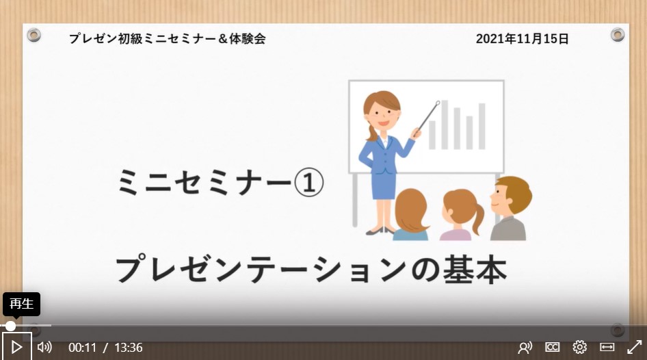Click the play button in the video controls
coord(16,347)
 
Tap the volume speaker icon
coord(44,347)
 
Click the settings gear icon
coord(579,347)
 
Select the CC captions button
coord(552,347)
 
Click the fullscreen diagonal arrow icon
coord(634,347)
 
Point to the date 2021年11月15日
coord(522,39)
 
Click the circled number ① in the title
coord(309,183)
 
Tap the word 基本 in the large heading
coord(475,270)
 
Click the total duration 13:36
coord(129,348)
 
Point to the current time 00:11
coord(82,348)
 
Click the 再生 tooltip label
coord(21,304)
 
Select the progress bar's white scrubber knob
coord(10,326)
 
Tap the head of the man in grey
coord(510,195)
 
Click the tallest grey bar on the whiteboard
coord(445,125)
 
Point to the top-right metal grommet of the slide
coord(618,35)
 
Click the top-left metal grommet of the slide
coord(34,35)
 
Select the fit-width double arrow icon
coord(607,347)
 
